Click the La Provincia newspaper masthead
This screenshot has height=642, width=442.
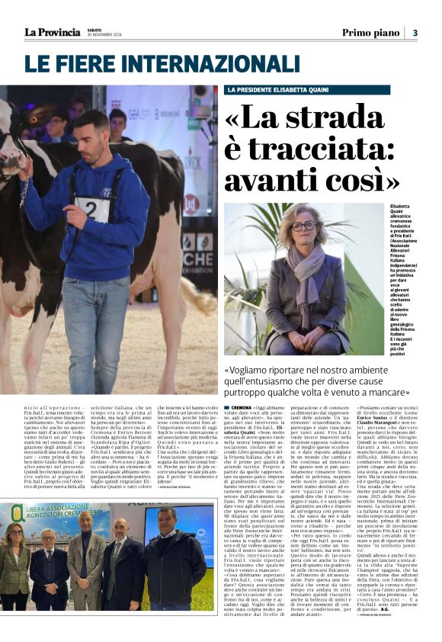click(x=52, y=32)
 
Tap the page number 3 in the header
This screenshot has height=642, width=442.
click(x=415, y=33)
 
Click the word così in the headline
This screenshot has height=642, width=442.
click(x=361, y=181)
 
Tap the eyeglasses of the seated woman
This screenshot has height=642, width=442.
click(x=303, y=225)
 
